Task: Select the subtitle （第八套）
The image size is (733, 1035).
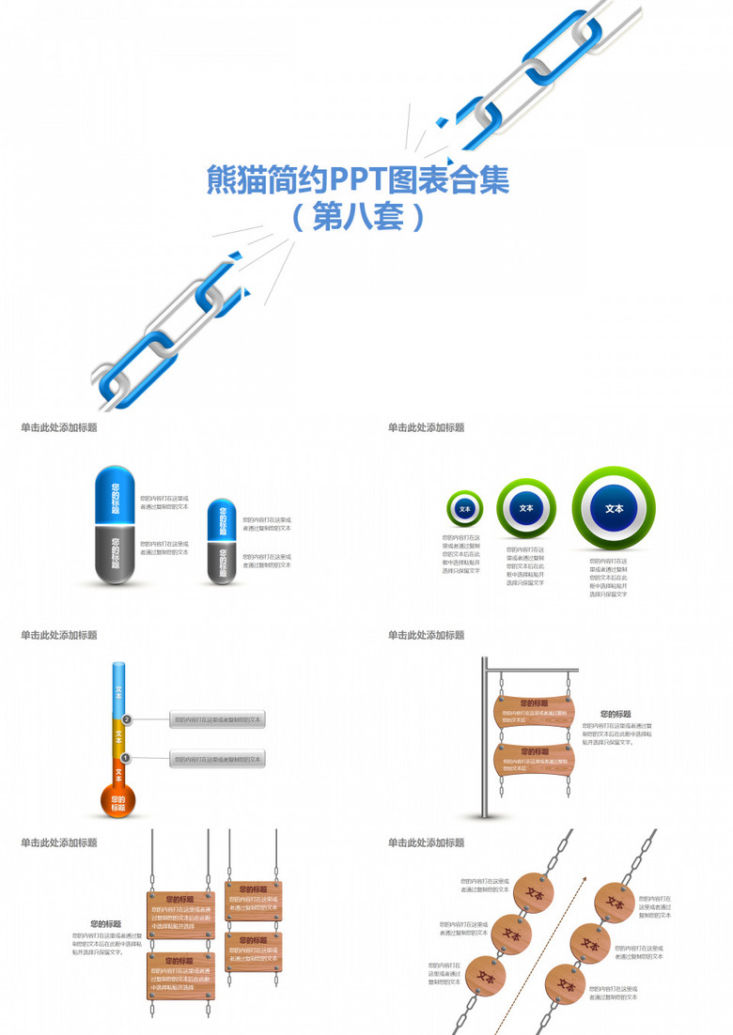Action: click(x=357, y=218)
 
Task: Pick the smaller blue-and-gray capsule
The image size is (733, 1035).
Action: click(x=222, y=542)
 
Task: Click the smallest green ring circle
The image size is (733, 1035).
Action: click(x=464, y=508)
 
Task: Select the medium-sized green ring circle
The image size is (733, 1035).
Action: click(x=525, y=508)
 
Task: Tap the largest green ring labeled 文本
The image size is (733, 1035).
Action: click(x=614, y=508)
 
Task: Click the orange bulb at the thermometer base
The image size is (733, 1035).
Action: click(x=117, y=801)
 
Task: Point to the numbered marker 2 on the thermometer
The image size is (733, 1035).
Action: click(x=127, y=719)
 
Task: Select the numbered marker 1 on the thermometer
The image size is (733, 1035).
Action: click(x=126, y=758)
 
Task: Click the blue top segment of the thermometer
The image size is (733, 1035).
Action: click(x=118, y=690)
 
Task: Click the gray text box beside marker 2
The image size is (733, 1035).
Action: click(x=217, y=720)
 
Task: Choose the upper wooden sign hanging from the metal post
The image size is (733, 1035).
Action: click(x=534, y=711)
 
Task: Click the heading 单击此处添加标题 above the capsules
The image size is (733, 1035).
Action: click(x=58, y=427)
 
